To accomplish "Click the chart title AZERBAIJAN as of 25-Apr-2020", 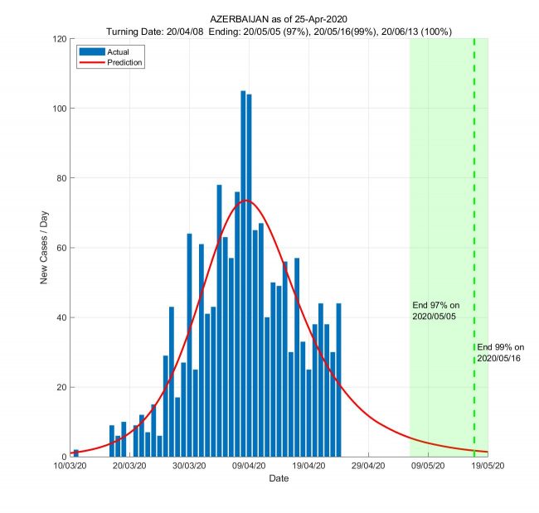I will click(278, 19).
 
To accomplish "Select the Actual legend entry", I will click(107, 51).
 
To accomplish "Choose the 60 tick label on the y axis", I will click(62, 248).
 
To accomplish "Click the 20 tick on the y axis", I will click(62, 387).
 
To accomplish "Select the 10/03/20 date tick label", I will click(70, 467).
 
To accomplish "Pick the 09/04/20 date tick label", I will click(249, 467).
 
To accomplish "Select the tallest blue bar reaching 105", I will click(243, 273).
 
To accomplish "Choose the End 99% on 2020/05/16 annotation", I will click(501, 352).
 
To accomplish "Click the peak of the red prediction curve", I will click(246, 201).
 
